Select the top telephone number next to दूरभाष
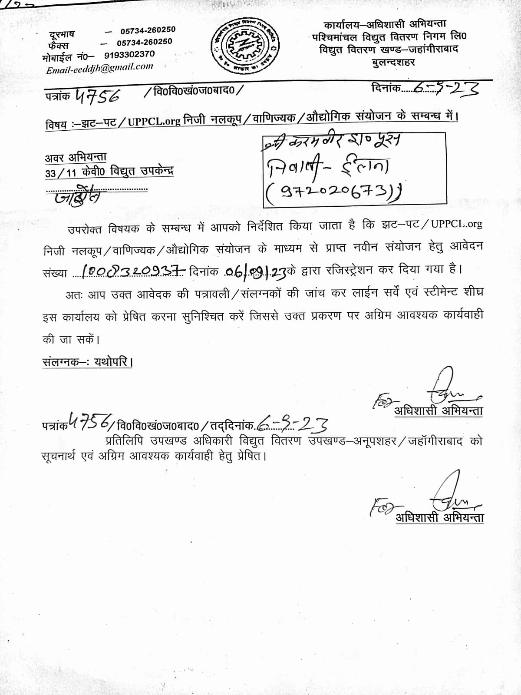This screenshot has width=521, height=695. [x=148, y=30]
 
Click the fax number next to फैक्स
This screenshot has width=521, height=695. [x=144, y=42]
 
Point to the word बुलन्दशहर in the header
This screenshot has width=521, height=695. [x=393, y=62]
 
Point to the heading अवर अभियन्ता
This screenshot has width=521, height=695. [x=76, y=157]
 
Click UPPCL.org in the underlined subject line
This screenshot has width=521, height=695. [x=154, y=121]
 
